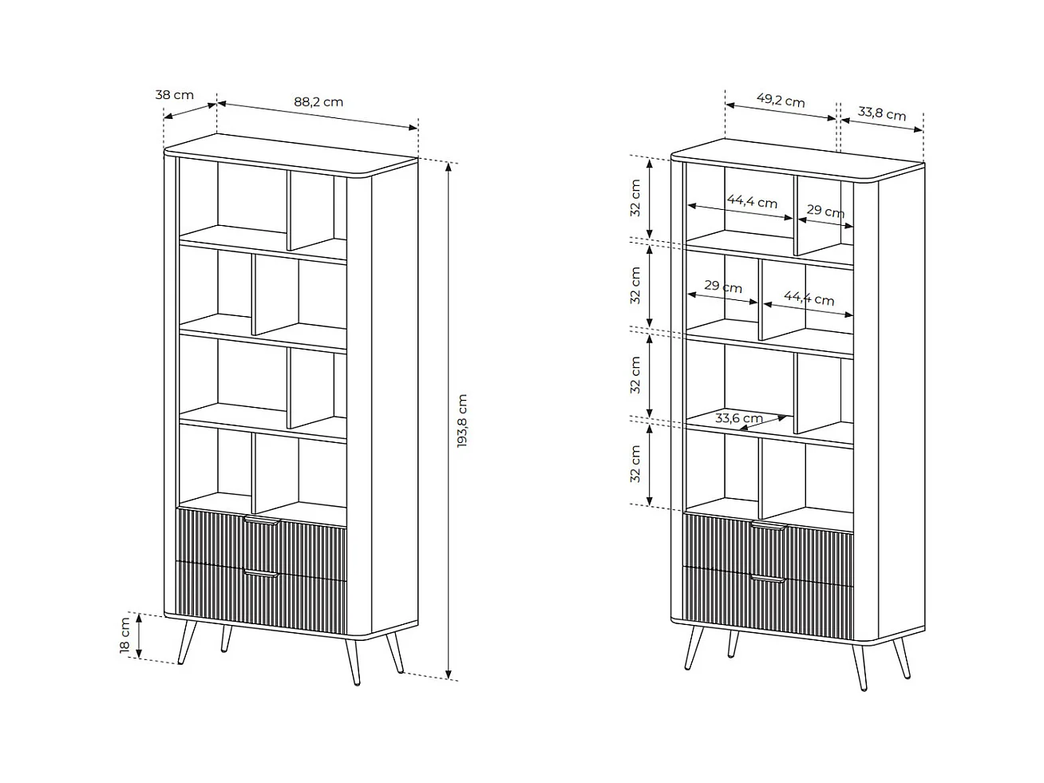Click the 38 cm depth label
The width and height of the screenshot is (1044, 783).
pos(174,95)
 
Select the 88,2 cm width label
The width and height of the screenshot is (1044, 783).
pos(318,101)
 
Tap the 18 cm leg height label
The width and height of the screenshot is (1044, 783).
pos(125,635)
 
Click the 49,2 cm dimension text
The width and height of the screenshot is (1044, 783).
pos(780,101)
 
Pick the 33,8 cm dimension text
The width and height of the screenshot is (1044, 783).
pos(882,113)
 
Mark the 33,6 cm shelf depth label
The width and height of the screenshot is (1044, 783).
pos(738,417)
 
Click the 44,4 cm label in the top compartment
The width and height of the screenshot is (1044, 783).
pos(752,202)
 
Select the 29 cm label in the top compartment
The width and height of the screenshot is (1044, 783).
pos(825,211)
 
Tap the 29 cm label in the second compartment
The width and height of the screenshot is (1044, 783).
pos(723,287)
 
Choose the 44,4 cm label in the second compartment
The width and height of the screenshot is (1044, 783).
pos(809,299)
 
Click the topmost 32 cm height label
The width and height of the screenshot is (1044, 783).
pos(635,197)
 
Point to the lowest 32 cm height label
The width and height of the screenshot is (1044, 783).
pos(635,464)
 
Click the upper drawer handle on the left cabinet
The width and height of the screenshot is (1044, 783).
pos(261,520)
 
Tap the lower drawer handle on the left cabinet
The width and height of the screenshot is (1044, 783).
pos(261,573)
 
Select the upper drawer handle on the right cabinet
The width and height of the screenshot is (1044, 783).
pos(768,527)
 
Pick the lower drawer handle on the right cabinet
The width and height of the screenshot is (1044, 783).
pos(768,579)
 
